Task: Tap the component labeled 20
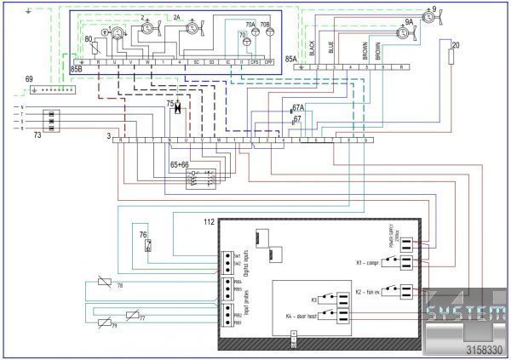(x=455, y=58)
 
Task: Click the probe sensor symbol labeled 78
(x=103, y=286)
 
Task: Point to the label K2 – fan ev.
(x=369, y=292)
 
